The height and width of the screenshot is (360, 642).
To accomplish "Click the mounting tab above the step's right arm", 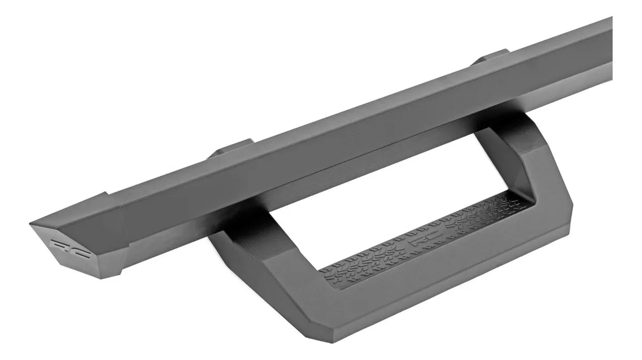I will pos(491,57).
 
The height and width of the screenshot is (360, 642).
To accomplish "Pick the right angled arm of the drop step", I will pos(530,160).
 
